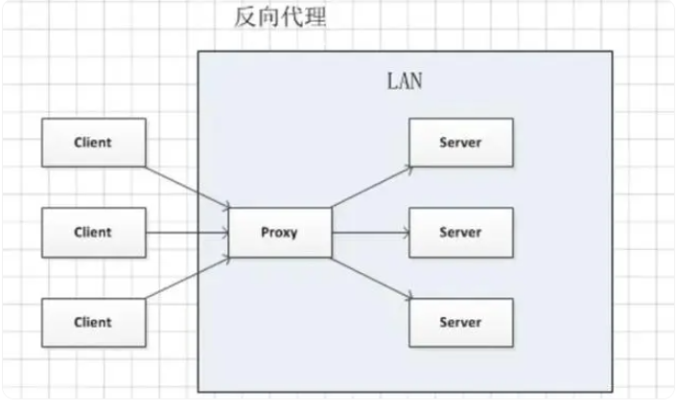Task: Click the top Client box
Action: pos(93,142)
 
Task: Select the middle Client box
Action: pos(93,232)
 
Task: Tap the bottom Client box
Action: pos(93,322)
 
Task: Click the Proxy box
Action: pos(280,232)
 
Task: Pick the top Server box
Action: pos(460,143)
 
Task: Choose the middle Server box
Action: pos(460,232)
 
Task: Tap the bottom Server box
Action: pos(460,322)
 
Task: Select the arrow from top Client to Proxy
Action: pos(188,185)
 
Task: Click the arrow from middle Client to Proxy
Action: pos(188,232)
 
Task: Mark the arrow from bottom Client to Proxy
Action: pos(188,279)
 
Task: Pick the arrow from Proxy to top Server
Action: pos(370,186)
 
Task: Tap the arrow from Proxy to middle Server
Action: pos(370,232)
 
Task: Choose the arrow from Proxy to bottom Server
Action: pos(370,278)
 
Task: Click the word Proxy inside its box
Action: pos(280,232)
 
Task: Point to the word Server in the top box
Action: pos(460,143)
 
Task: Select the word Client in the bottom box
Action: pos(93,322)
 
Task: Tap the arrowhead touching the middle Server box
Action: pos(406,232)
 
